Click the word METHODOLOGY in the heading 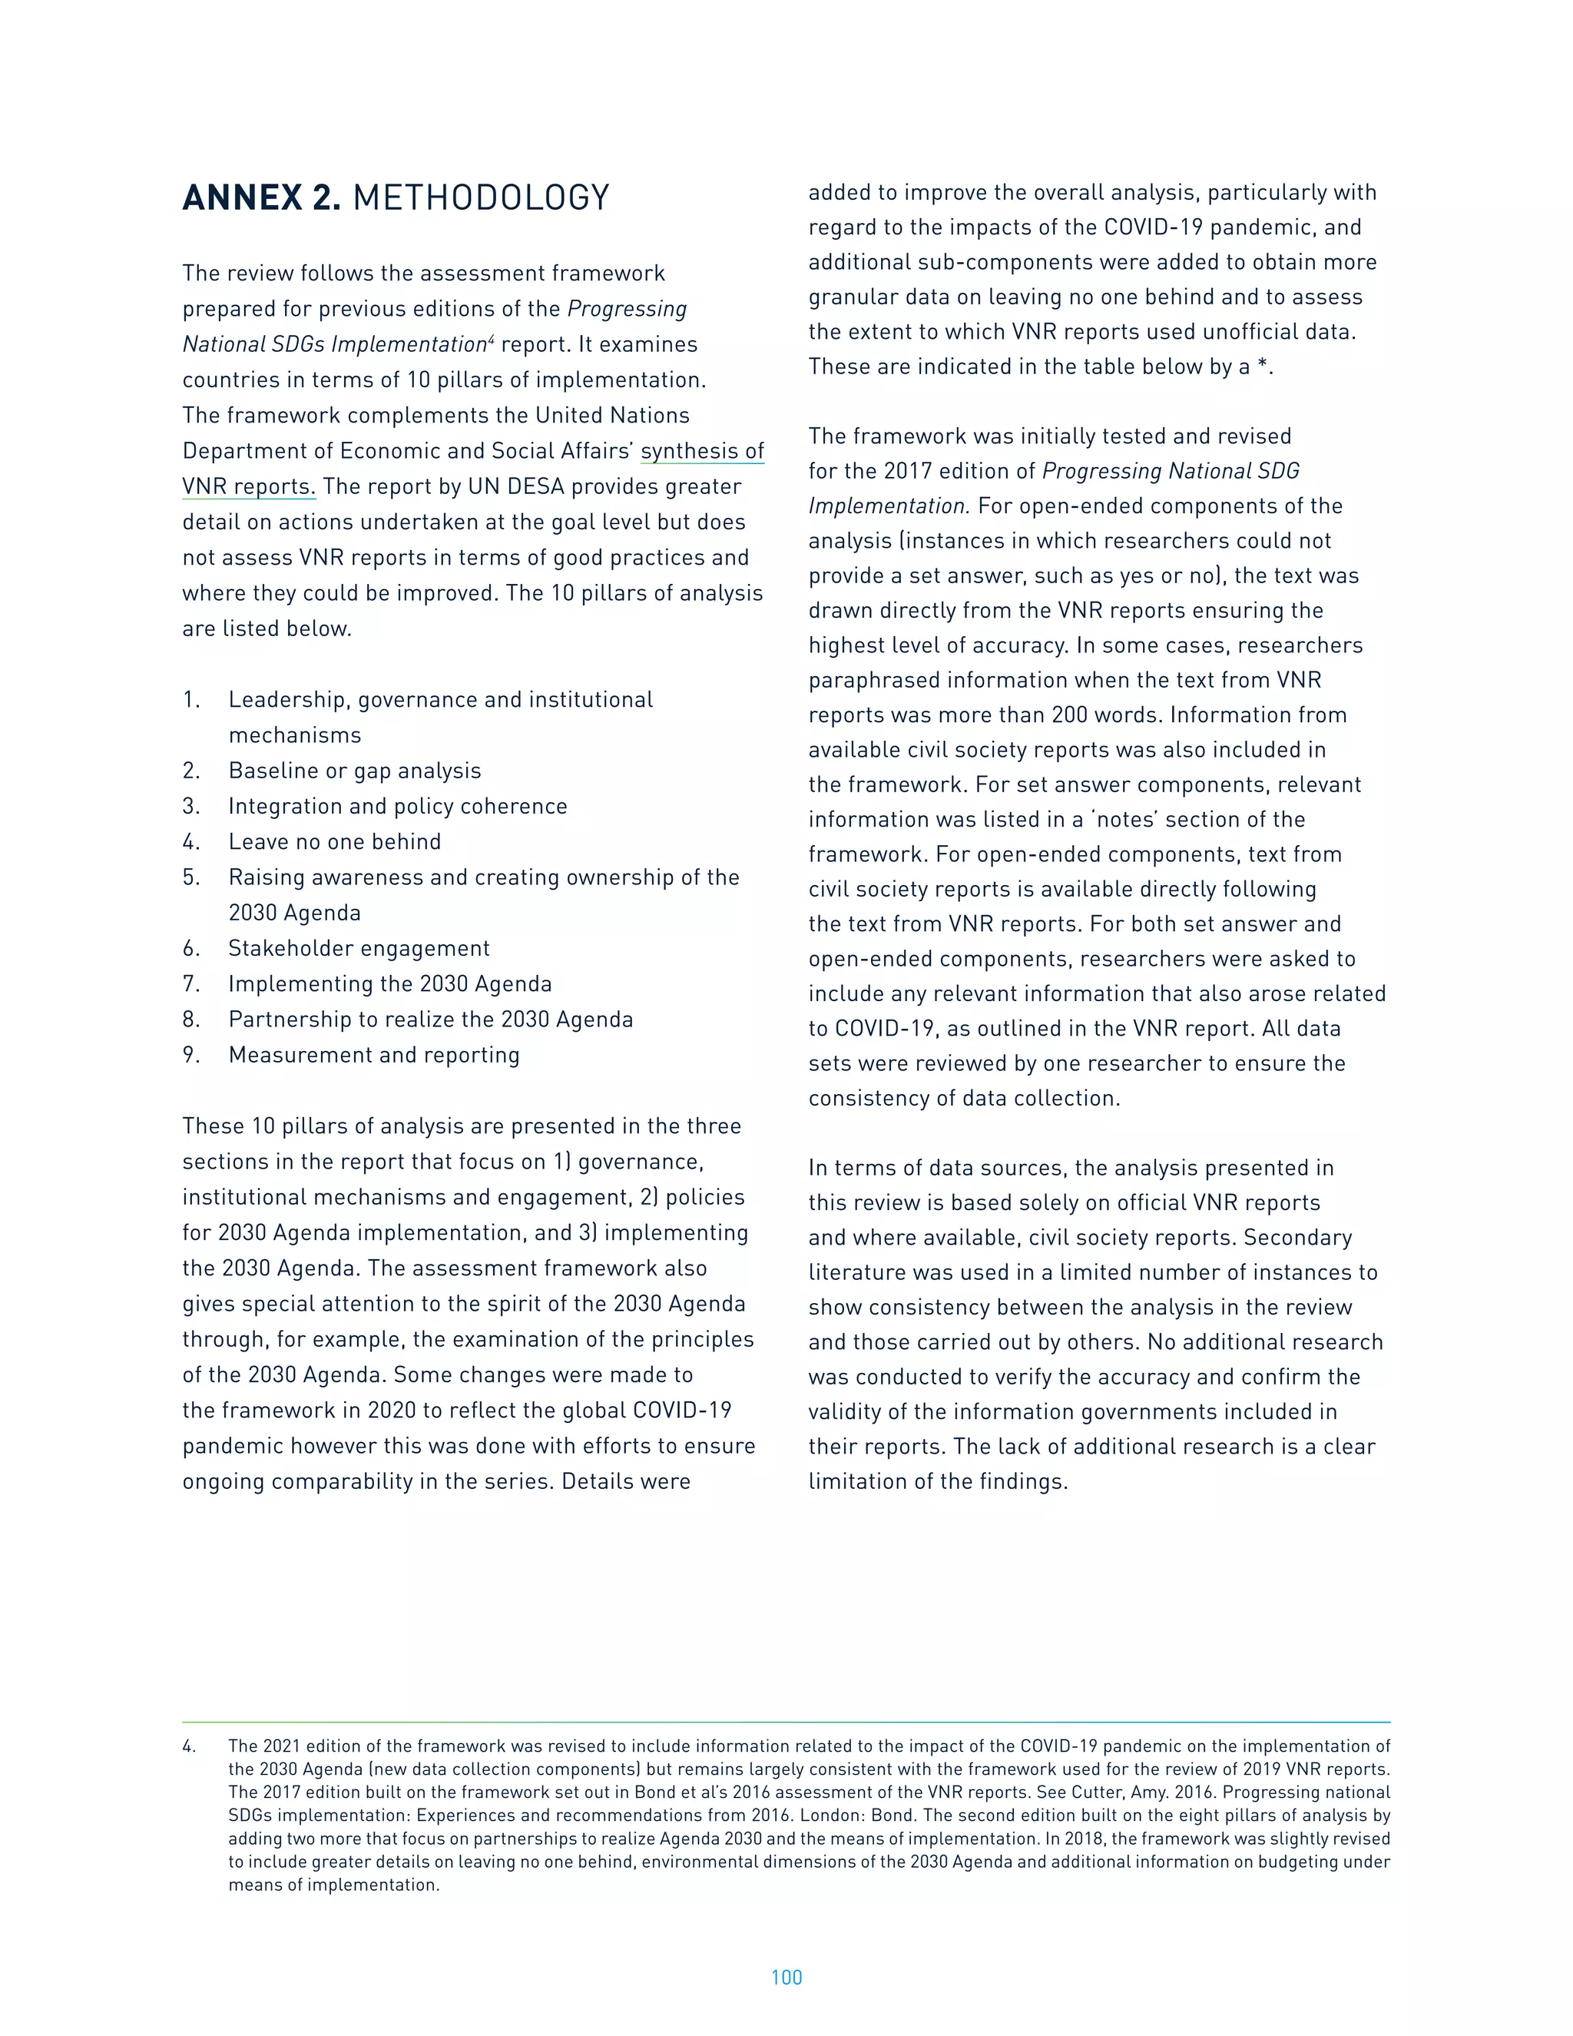coord(481,197)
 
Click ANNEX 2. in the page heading coord(262,197)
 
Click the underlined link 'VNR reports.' coord(249,486)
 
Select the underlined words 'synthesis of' coord(702,451)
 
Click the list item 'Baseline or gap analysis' coord(355,771)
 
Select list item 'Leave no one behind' coord(335,842)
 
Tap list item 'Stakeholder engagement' coord(359,948)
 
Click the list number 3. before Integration coord(191,807)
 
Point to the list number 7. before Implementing coord(191,983)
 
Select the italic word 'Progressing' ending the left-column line coord(628,310)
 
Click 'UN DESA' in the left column coord(511,486)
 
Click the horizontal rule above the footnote coord(786,1722)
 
